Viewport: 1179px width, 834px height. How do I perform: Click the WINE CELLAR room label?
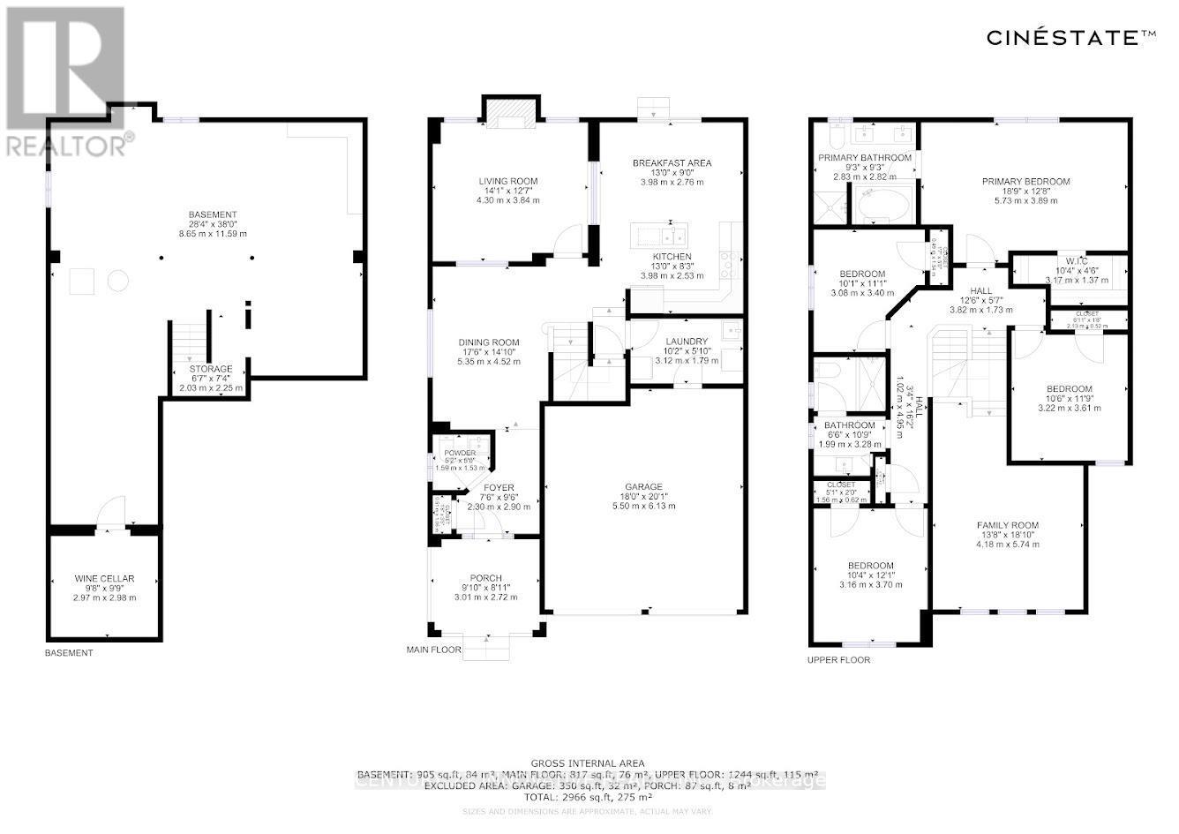[104, 579]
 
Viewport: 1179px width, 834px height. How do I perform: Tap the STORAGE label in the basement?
[211, 369]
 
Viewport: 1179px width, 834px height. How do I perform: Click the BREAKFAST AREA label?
[672, 163]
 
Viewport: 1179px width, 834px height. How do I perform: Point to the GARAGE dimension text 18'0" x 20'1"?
[643, 496]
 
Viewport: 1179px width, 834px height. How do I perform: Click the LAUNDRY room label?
[686, 342]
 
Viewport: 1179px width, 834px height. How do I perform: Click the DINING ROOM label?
[488, 342]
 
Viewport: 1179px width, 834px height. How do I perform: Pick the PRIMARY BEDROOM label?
[1025, 182]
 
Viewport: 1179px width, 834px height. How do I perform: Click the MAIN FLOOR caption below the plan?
[433, 650]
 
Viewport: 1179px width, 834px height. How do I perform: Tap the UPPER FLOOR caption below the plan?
[837, 659]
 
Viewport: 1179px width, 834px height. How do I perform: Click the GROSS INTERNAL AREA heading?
[587, 763]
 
